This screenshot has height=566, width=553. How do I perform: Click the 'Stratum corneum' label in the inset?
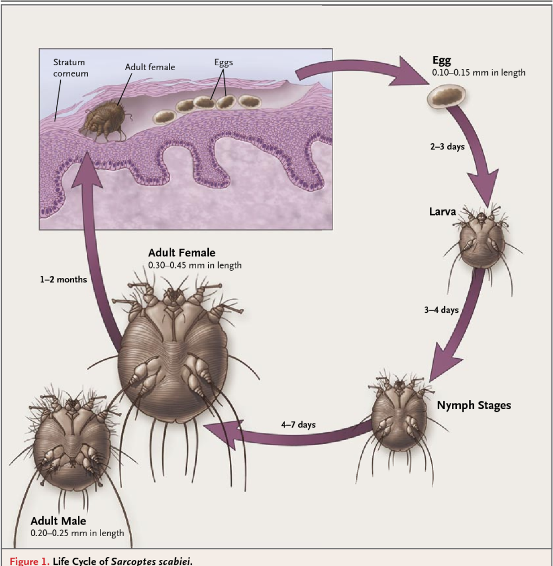[70, 68]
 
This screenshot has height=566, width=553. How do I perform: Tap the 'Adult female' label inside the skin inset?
[150, 67]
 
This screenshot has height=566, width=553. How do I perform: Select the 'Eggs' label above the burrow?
[223, 62]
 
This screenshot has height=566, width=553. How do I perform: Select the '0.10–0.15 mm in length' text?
[478, 72]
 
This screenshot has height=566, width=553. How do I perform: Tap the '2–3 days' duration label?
[447, 147]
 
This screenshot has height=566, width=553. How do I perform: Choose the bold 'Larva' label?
[443, 211]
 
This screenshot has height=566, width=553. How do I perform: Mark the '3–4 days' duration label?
[441, 310]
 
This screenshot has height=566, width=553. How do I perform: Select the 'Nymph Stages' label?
[474, 406]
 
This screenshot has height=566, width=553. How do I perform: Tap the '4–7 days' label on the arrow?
[298, 425]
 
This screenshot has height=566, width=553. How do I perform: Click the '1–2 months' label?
[63, 280]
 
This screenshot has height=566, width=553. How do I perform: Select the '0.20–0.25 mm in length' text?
[77, 533]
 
